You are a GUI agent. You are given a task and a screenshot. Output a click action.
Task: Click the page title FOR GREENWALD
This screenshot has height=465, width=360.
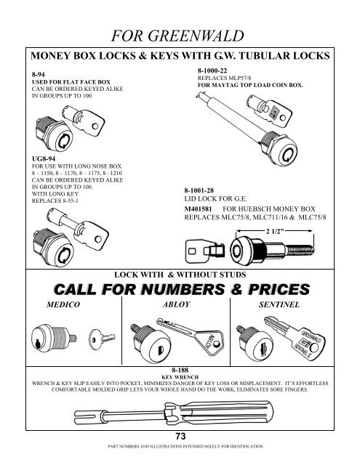(180, 29)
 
